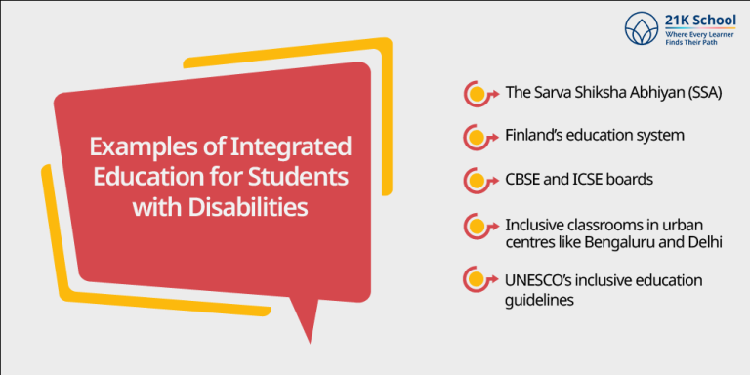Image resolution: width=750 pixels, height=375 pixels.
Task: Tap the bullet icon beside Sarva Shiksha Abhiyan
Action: tap(477, 95)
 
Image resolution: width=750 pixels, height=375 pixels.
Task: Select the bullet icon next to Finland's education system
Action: tap(477, 138)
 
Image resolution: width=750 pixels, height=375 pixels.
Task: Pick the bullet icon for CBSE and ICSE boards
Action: tap(477, 181)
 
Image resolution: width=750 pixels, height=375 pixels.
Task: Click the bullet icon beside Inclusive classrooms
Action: tap(477, 227)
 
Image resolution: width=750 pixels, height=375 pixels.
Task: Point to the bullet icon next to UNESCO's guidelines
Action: tap(477, 282)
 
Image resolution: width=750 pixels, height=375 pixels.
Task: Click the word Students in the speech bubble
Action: tap(298, 178)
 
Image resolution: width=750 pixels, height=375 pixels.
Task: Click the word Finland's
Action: tap(537, 137)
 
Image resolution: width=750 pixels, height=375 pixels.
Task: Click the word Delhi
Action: tap(701, 241)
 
